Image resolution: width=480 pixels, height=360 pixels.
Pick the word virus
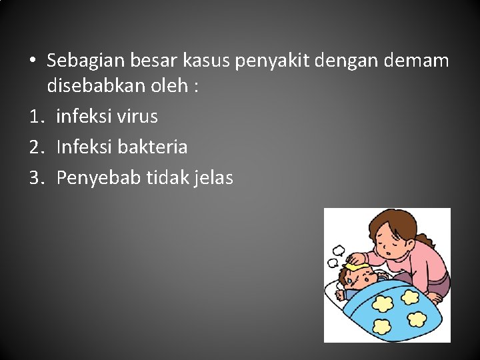tap(137, 116)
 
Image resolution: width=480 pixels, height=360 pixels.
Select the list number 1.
tap(35, 117)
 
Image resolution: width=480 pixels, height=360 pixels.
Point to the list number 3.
tap(35, 178)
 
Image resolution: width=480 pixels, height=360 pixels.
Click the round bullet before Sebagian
tap(33, 61)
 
